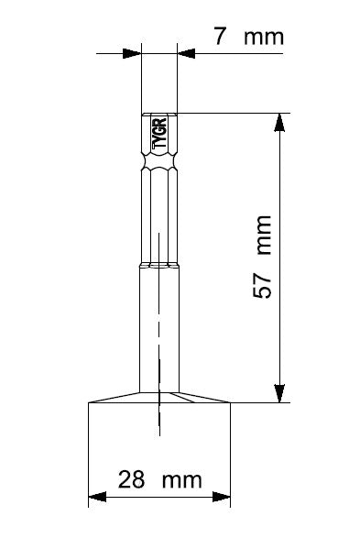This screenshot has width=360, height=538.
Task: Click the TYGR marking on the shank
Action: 160,133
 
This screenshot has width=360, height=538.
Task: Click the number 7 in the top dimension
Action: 220,37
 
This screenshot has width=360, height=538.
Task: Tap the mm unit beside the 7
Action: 264,38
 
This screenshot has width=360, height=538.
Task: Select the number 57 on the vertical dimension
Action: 262,285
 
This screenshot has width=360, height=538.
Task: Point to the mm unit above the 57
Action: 264,235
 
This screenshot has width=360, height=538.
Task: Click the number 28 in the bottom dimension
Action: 131,479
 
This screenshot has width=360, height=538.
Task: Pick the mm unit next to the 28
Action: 181,481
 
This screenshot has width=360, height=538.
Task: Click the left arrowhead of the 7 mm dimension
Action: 132,53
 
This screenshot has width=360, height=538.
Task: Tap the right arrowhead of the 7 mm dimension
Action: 186,53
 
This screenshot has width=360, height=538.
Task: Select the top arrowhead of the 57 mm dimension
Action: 279,122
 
